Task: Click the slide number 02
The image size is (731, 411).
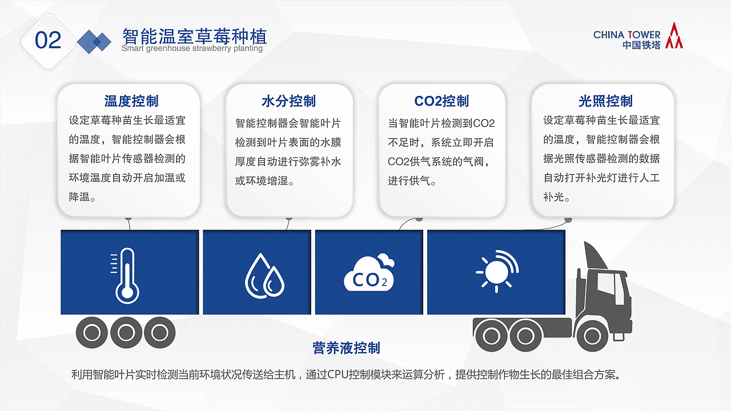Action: click(48, 40)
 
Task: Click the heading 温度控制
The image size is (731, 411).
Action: click(131, 102)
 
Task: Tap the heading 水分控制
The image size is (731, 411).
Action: click(288, 102)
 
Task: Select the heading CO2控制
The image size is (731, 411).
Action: click(441, 102)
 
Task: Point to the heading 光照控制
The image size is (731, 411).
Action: click(605, 102)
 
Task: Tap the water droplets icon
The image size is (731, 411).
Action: click(264, 276)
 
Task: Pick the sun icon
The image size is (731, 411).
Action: click(496, 271)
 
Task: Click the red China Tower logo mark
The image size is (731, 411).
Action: click(674, 35)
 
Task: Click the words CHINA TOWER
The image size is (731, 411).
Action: click(626, 35)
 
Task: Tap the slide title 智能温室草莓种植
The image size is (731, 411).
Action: click(194, 37)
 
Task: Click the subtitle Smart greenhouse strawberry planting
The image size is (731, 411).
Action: click(192, 49)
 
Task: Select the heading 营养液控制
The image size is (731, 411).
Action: click(346, 348)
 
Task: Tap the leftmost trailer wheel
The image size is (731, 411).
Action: click(92, 332)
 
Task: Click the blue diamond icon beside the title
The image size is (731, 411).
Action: click(94, 41)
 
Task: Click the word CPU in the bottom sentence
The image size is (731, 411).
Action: click(339, 375)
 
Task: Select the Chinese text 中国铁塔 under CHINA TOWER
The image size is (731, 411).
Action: click(641, 45)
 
